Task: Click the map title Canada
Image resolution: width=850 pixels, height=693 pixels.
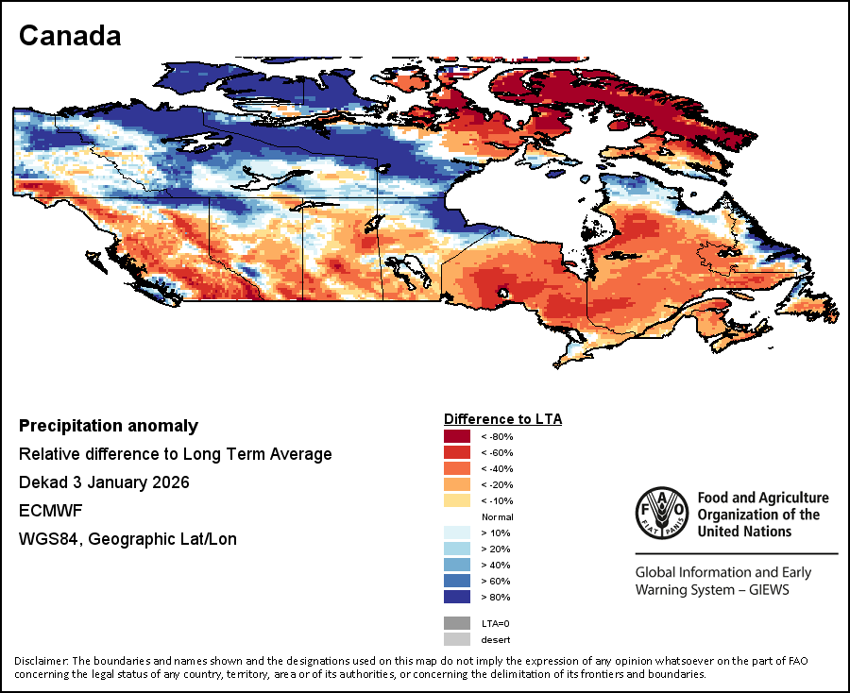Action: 70,36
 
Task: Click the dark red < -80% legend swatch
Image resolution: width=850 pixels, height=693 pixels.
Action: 457,436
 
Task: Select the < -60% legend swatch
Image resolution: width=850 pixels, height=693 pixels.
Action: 457,452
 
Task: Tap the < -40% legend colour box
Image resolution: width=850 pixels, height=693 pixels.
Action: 457,468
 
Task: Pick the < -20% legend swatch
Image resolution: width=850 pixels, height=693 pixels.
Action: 457,484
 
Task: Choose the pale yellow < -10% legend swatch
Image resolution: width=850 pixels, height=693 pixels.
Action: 457,500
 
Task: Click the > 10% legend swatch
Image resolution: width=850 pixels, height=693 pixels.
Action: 457,532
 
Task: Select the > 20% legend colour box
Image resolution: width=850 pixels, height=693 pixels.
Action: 457,549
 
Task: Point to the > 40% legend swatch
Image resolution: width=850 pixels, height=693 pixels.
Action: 457,565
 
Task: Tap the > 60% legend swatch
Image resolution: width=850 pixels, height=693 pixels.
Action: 457,581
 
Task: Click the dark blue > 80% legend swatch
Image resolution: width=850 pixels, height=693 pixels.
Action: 457,597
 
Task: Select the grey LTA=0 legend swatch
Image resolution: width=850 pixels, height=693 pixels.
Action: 457,623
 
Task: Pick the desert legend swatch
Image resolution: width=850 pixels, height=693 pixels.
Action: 457,639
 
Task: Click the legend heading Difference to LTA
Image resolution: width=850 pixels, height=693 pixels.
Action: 502,418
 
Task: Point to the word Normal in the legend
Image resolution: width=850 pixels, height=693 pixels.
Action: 497,517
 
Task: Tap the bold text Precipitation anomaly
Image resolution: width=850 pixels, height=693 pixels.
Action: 109,426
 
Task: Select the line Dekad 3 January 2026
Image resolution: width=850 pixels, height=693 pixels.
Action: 104,482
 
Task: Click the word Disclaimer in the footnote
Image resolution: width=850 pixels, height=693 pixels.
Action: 41,660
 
